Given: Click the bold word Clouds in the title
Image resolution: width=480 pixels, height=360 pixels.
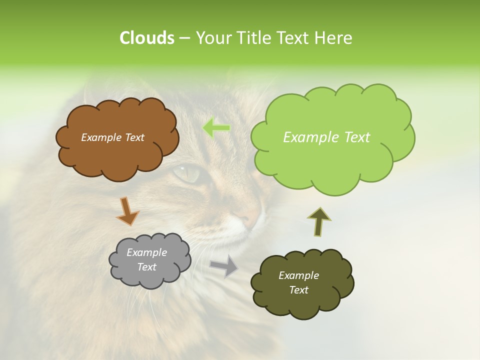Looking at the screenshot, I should (146, 38).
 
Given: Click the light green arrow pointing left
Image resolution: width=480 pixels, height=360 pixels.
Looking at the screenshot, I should (216, 128).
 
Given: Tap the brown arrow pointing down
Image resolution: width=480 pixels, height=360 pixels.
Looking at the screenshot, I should (127, 210).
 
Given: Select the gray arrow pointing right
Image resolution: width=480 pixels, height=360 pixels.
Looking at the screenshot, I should (224, 265).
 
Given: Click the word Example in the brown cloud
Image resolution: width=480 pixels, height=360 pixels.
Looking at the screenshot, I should (100, 137).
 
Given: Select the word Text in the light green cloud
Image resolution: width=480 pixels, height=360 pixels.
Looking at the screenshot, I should (354, 137).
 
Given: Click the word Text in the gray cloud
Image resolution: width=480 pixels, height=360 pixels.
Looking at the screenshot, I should (147, 267).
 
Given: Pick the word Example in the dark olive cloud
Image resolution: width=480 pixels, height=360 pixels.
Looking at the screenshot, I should (298, 275).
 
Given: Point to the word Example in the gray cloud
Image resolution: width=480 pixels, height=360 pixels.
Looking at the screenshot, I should (147, 252).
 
